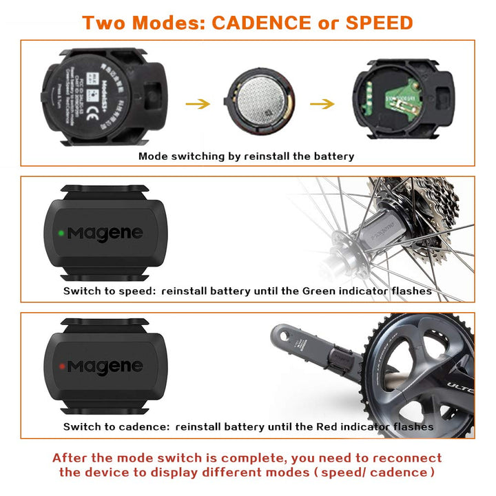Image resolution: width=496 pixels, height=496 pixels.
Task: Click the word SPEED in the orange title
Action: click(379, 22)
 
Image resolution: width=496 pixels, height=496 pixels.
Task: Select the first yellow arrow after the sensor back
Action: click(198, 104)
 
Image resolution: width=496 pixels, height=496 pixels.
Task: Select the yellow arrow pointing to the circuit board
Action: click(321, 104)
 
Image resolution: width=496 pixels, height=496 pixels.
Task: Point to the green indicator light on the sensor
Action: click(61, 233)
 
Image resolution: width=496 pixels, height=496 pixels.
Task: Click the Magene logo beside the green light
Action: click(104, 234)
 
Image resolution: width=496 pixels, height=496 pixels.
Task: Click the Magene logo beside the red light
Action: click(104, 366)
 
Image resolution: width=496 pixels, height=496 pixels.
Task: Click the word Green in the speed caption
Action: click(319, 291)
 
